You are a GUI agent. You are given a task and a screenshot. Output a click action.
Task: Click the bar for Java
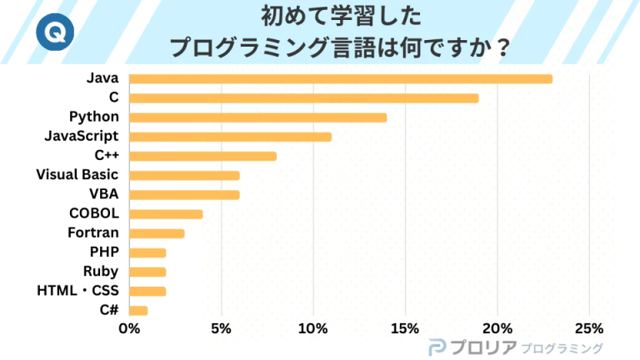click(341, 78)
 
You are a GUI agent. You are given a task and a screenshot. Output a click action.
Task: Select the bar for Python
click(258, 117)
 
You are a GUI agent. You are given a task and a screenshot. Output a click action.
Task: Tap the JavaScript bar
click(231, 137)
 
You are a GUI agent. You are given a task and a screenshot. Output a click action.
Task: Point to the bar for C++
click(203, 156)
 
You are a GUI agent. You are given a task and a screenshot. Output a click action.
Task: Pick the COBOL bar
click(167, 214)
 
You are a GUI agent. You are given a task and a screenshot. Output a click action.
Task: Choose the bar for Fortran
click(157, 233)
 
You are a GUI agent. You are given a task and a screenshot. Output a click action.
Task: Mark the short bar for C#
click(139, 311)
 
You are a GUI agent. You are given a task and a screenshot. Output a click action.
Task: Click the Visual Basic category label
click(77, 175)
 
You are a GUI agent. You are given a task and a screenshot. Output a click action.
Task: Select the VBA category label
click(103, 194)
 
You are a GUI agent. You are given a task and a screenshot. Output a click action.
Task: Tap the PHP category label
click(104, 252)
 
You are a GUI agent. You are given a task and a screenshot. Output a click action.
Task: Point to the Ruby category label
click(101, 272)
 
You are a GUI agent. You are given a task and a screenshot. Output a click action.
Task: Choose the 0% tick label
click(130, 328)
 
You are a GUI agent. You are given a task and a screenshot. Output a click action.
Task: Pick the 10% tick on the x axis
click(313, 328)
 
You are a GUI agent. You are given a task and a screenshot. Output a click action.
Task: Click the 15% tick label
click(405, 328)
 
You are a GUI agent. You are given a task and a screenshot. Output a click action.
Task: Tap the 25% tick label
click(589, 328)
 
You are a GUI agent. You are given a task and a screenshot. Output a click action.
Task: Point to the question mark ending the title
click(502, 47)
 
